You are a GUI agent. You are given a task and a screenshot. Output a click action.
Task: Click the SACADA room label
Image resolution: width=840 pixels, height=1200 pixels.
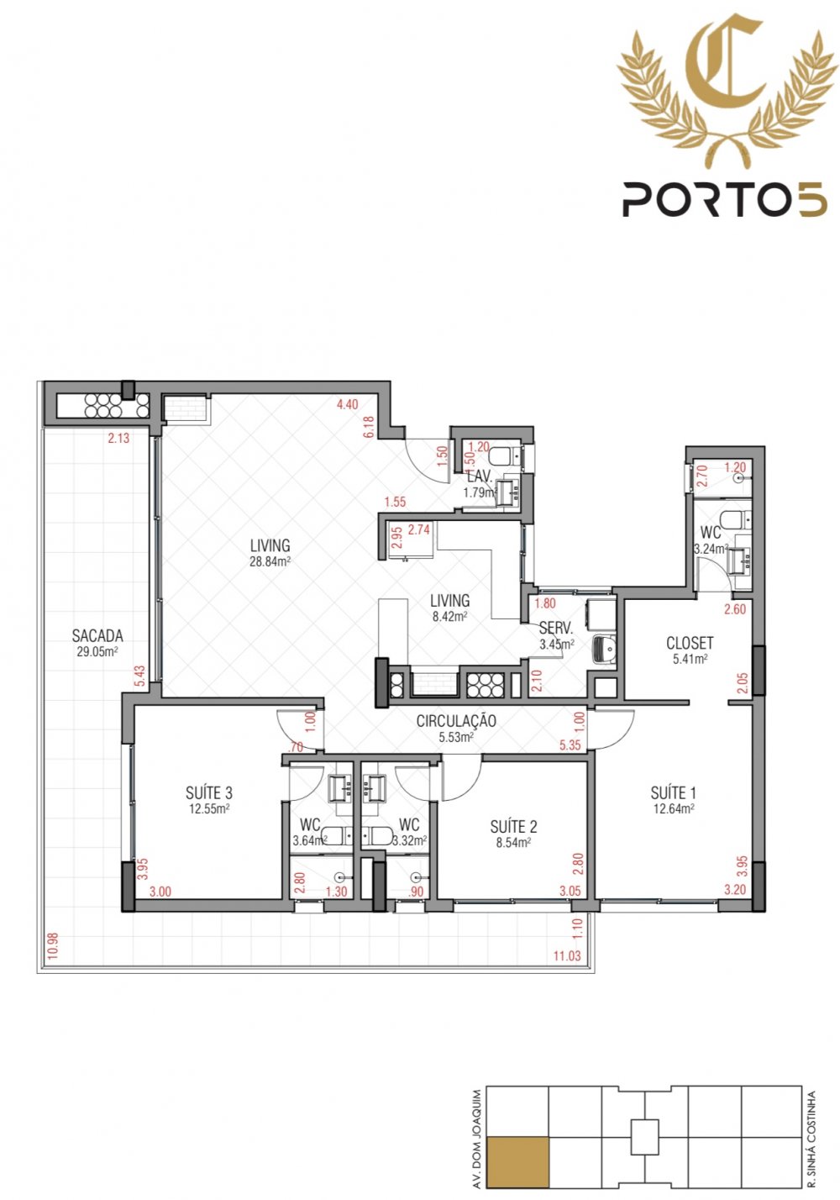(x=97, y=636)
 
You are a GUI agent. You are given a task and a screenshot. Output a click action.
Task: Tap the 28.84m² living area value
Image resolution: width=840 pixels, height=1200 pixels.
(x=270, y=561)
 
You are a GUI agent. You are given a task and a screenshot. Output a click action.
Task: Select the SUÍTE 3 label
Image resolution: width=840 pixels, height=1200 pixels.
(x=209, y=792)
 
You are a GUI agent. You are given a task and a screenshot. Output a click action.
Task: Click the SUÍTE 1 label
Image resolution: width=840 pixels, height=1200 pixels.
(x=674, y=792)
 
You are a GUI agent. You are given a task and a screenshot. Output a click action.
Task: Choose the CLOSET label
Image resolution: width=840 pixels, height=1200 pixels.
(x=690, y=642)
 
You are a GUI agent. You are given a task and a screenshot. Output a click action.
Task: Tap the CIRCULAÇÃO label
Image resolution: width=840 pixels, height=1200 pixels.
(x=456, y=721)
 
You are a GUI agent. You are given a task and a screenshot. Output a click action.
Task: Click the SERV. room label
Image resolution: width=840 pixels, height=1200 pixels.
(x=556, y=628)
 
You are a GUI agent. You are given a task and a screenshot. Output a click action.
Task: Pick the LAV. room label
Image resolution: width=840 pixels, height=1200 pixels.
(x=480, y=476)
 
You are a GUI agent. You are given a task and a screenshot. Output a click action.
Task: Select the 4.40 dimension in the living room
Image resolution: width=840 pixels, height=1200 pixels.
(x=347, y=404)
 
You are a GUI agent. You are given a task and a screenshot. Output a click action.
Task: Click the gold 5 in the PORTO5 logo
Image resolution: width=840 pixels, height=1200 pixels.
(x=812, y=200)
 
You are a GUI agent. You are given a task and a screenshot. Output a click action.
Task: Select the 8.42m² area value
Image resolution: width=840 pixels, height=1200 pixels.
(x=449, y=617)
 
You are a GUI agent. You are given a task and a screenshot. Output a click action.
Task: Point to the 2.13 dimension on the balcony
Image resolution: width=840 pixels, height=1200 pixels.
(x=118, y=438)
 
